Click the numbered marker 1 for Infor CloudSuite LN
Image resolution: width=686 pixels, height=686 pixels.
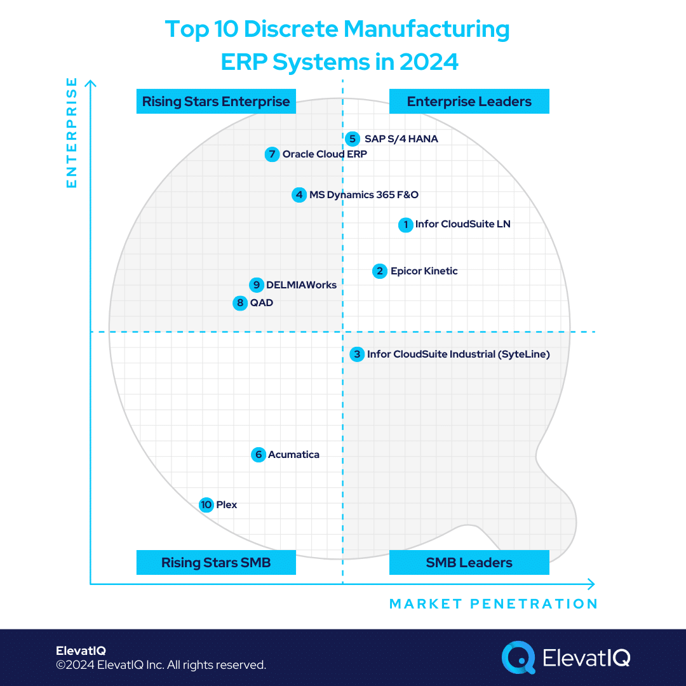(x=405, y=225)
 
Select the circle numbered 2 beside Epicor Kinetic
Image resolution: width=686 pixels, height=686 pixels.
(x=380, y=271)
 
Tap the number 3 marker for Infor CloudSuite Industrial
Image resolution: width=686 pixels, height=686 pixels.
(x=357, y=354)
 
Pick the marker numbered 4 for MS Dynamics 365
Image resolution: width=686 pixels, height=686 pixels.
(x=299, y=195)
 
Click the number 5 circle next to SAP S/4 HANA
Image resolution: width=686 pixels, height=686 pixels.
(x=353, y=138)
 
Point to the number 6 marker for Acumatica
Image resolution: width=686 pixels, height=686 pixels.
(x=258, y=455)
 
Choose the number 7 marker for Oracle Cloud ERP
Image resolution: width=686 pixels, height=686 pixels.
(x=272, y=154)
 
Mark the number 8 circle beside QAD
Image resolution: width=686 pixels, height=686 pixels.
(x=240, y=303)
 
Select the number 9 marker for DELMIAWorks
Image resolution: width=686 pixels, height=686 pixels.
(x=257, y=285)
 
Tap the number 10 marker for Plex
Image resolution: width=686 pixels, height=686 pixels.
(x=206, y=505)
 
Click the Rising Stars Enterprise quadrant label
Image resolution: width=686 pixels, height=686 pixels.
(x=216, y=102)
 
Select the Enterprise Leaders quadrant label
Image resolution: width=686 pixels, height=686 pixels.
(x=469, y=102)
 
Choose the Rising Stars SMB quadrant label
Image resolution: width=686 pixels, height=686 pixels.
(x=216, y=563)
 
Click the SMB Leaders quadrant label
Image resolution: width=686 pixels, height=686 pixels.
(x=469, y=563)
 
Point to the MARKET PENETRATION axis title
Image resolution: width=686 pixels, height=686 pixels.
(x=493, y=604)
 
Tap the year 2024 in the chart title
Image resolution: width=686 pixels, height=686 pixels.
(x=429, y=62)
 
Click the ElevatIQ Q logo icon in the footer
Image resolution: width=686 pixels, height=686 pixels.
(x=518, y=657)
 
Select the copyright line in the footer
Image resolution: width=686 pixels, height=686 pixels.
(x=161, y=665)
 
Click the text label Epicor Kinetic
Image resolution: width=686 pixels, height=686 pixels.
(x=424, y=271)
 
